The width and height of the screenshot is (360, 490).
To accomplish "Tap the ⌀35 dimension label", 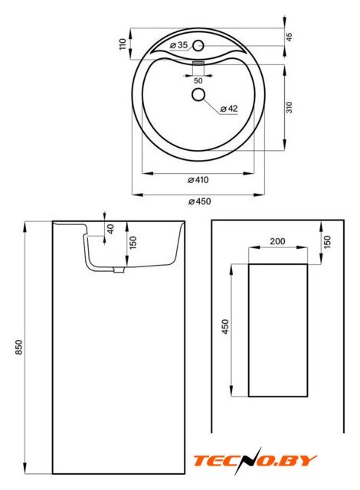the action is [178, 45].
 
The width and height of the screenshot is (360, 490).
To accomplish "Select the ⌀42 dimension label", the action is [229, 109].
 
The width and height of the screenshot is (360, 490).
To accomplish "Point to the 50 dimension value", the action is [198, 80].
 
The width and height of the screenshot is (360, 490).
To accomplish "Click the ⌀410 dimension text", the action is [198, 180].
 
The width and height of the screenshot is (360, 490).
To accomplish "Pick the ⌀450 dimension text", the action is [199, 201].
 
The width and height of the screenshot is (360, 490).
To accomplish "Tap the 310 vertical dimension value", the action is [290, 107].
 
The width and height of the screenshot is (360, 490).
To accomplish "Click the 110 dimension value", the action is [123, 44].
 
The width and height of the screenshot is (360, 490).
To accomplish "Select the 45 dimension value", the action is [290, 37].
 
